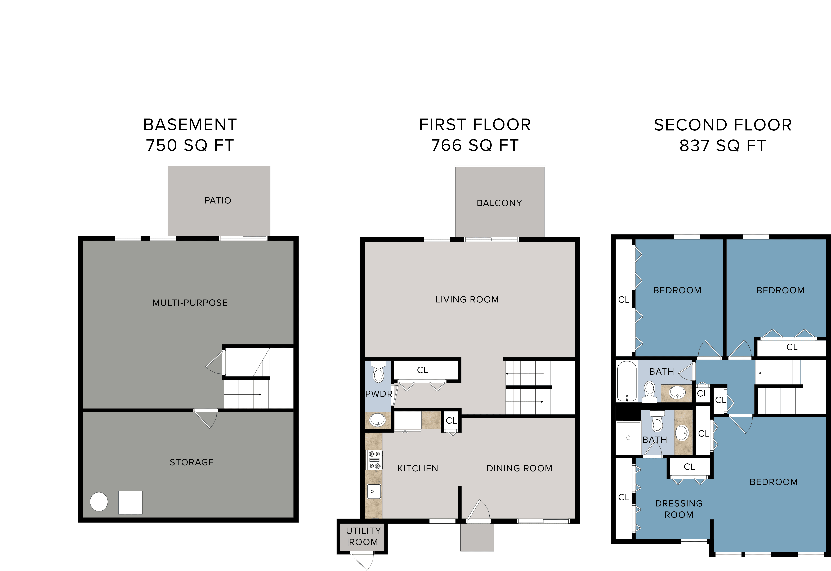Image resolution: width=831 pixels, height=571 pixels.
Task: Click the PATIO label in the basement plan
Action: point(218,200)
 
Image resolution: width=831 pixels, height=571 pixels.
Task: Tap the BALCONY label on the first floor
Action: point(499,203)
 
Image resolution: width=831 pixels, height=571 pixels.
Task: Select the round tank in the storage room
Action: point(99,502)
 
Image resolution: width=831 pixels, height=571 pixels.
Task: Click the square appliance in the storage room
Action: point(130,502)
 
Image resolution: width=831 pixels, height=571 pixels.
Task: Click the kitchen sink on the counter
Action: point(374,491)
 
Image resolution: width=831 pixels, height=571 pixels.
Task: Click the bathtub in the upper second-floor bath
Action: point(627,381)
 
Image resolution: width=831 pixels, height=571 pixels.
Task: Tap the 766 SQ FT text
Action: point(475,145)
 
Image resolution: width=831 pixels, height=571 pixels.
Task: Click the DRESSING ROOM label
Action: point(678,509)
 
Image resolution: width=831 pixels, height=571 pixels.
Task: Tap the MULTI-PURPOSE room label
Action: point(190,303)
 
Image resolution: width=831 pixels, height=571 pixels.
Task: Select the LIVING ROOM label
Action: point(467,300)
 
